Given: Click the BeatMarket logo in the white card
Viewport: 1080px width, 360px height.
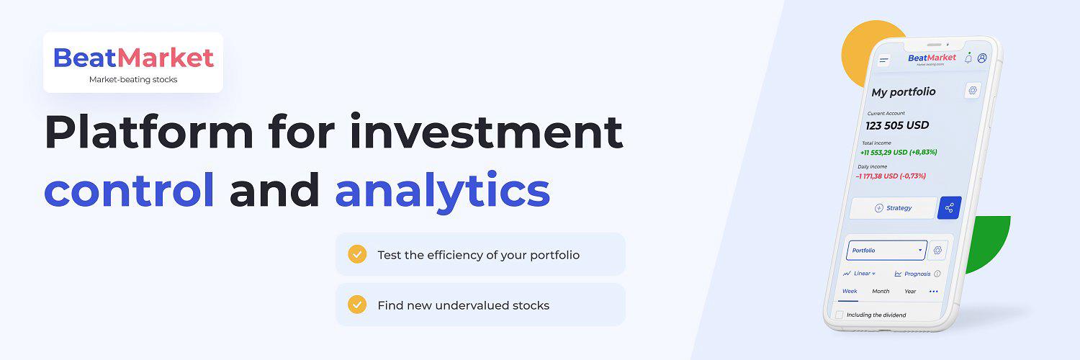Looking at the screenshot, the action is coord(133,58).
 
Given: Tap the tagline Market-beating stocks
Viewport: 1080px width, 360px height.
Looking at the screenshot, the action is coord(133,79).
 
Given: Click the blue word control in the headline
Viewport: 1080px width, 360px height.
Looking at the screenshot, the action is coord(129,190).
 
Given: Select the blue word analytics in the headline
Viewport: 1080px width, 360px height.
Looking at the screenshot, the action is coord(443,192).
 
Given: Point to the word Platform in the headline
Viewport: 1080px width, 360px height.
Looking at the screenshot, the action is coord(149,131).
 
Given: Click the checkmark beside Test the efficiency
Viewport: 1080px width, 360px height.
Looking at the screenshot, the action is coord(357,254).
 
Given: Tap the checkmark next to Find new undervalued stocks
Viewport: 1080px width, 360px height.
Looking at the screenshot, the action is coord(357,305).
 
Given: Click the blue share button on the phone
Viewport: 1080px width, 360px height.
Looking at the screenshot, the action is coord(949,207).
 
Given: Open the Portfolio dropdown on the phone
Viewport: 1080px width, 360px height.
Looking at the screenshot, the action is coord(886,250).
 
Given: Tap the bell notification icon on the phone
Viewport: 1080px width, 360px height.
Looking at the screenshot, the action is coord(968,58).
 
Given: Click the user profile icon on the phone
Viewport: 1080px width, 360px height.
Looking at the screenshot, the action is coord(982,58).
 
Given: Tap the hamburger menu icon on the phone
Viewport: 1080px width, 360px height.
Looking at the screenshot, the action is coord(883,60).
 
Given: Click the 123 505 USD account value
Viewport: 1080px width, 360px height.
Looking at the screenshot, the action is coord(897,126).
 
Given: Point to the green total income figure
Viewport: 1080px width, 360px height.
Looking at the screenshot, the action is coord(899,153).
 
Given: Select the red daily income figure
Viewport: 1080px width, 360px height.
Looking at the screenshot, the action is coord(891,176).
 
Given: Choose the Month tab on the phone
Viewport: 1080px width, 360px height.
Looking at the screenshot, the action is coord(881,291).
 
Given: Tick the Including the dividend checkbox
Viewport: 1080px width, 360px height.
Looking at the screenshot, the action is coord(840,315).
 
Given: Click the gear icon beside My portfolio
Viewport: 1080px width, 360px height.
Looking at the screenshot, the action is coord(973,91).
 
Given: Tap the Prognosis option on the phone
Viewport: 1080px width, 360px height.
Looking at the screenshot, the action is coord(917,274).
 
